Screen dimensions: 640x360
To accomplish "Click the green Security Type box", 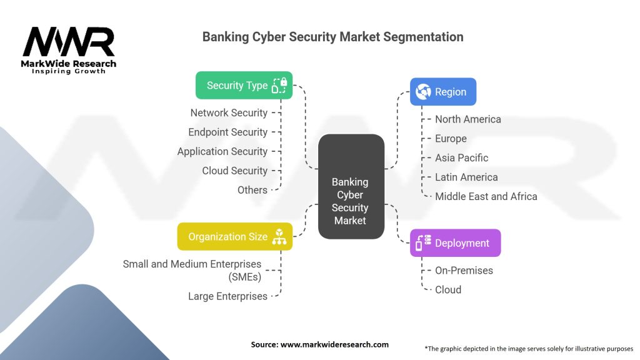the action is coord(244,85).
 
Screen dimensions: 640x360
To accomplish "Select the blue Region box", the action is coord(443,92).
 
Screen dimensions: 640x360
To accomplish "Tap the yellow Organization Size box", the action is coord(235,237).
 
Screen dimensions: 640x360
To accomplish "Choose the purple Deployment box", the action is coord(455,243).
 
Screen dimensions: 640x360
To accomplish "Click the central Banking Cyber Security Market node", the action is coord(351,186).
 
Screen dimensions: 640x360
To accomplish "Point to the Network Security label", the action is coord(229,112).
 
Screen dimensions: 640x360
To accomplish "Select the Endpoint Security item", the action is coord(227,132).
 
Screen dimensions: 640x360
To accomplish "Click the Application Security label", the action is coord(222,151).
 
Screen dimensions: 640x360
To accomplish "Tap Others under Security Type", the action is coord(252,190).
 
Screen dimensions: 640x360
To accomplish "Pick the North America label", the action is coord(467,119).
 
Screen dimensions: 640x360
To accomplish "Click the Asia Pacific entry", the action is coord(462,158).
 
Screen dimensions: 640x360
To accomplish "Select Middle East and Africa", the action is coord(486,196).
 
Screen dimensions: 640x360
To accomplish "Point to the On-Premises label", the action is coord(464,270).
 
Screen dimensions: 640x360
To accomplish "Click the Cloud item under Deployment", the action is coord(448,290).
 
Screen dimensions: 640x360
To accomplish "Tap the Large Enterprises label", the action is coord(227,296).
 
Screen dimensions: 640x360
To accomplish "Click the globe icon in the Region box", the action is coord(423,91).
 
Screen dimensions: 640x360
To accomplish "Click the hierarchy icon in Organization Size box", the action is coord(279,237).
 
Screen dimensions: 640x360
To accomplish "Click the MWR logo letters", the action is coord(69,42).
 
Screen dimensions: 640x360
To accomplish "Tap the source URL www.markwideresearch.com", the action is coord(335,344).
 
